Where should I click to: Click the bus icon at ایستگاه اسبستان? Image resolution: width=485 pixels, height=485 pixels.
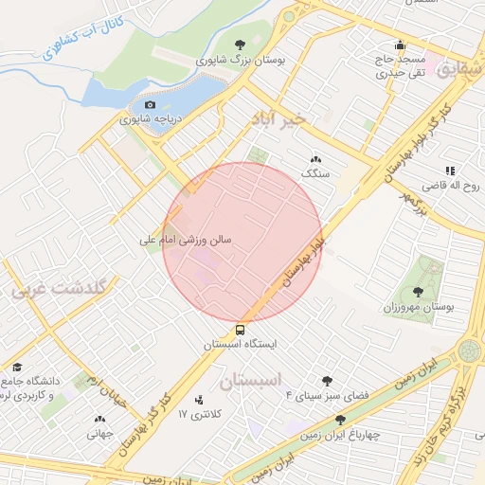240,331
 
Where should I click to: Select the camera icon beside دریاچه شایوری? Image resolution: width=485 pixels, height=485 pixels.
150,105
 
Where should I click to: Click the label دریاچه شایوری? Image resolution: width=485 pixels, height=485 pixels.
154,120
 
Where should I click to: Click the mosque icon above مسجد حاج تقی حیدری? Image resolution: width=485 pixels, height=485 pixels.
401,44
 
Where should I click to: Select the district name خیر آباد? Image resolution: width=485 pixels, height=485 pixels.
278,119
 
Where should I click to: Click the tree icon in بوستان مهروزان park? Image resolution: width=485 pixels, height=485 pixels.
420,290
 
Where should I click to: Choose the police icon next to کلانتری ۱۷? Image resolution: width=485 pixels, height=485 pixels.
198,401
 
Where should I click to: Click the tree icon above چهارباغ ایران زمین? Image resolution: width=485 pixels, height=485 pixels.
341,420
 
